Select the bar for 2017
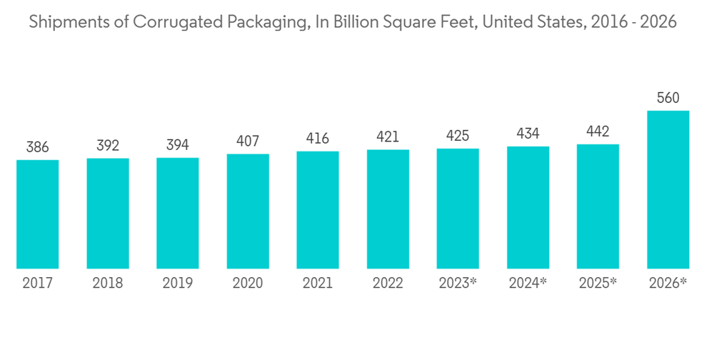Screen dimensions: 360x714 pyautogui.click(x=38, y=214)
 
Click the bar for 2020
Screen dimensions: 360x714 pyautogui.click(x=248, y=211)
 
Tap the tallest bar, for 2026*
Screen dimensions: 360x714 pyautogui.click(x=668, y=190)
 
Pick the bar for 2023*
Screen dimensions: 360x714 pyautogui.click(x=458, y=209)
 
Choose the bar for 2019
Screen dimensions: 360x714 pyautogui.click(x=178, y=214)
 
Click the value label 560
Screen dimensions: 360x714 pyautogui.click(x=668, y=99)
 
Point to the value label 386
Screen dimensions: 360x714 pyautogui.click(x=38, y=148)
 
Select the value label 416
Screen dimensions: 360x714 pyautogui.click(x=318, y=139)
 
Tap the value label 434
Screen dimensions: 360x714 pyautogui.click(x=528, y=134)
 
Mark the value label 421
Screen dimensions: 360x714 pyautogui.click(x=388, y=137)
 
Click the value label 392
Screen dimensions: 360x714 pyautogui.click(x=108, y=146)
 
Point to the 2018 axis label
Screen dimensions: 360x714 pyautogui.click(x=108, y=284)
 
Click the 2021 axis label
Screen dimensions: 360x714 pyautogui.click(x=318, y=284)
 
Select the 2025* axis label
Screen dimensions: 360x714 pyautogui.click(x=598, y=284)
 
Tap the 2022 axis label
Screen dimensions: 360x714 pyautogui.click(x=388, y=284)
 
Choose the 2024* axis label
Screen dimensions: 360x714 pyautogui.click(x=528, y=284)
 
